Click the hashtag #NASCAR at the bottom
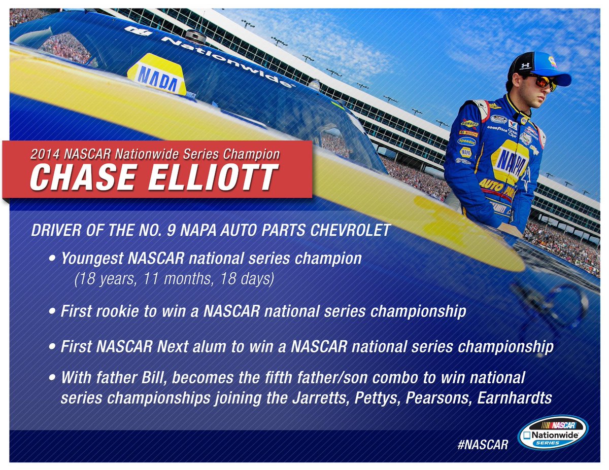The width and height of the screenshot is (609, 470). coord(482,445)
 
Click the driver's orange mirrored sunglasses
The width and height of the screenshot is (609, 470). coord(542,82)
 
